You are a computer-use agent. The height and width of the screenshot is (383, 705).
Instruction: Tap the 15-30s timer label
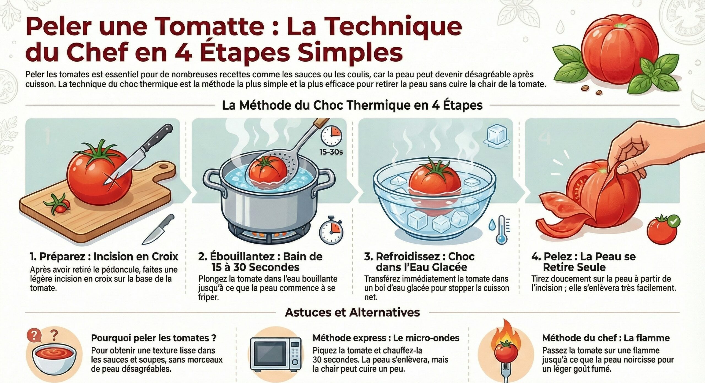click(x=331, y=152)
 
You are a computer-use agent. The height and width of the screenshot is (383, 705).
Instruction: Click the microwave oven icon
click(x=276, y=354)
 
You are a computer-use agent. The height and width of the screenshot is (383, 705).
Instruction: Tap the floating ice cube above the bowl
click(x=497, y=135)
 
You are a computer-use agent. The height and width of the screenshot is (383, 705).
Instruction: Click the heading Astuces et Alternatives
click(x=352, y=312)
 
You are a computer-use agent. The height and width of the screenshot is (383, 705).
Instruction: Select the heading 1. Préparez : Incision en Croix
click(x=104, y=257)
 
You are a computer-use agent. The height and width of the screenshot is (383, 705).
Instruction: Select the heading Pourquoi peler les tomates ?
click(x=153, y=338)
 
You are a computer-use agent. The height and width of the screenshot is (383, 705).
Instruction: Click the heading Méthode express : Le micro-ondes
click(x=386, y=338)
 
